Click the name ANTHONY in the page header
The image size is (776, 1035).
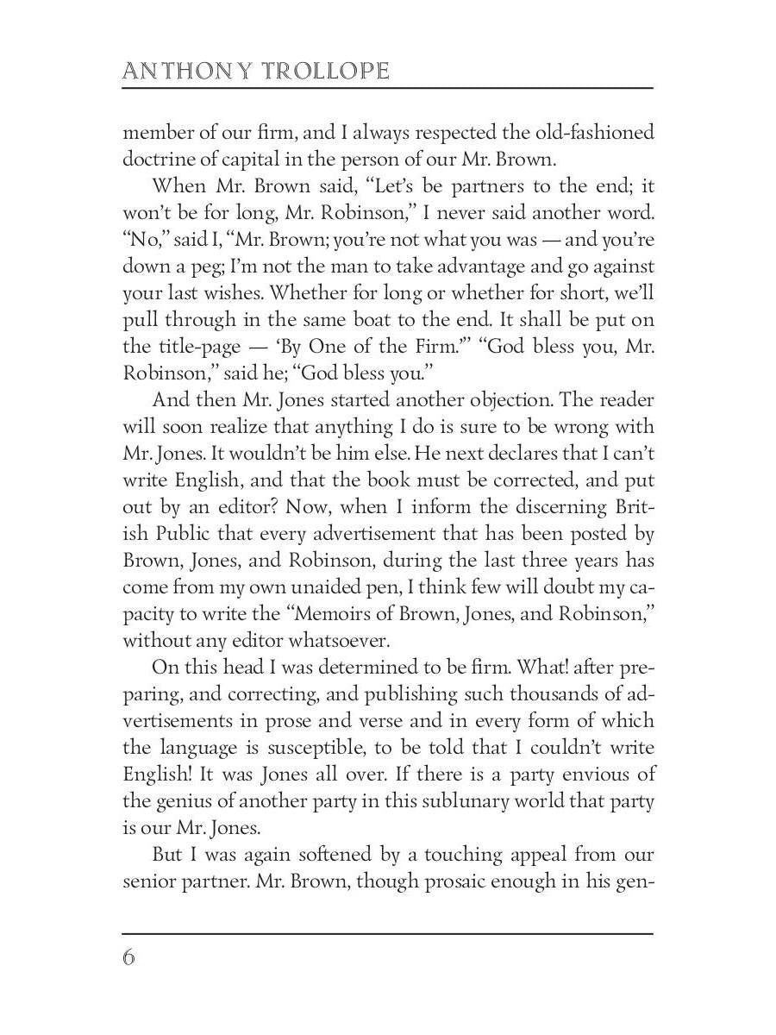click(x=177, y=71)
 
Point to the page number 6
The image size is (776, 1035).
click(x=129, y=958)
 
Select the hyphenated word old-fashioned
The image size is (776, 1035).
click(x=594, y=133)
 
